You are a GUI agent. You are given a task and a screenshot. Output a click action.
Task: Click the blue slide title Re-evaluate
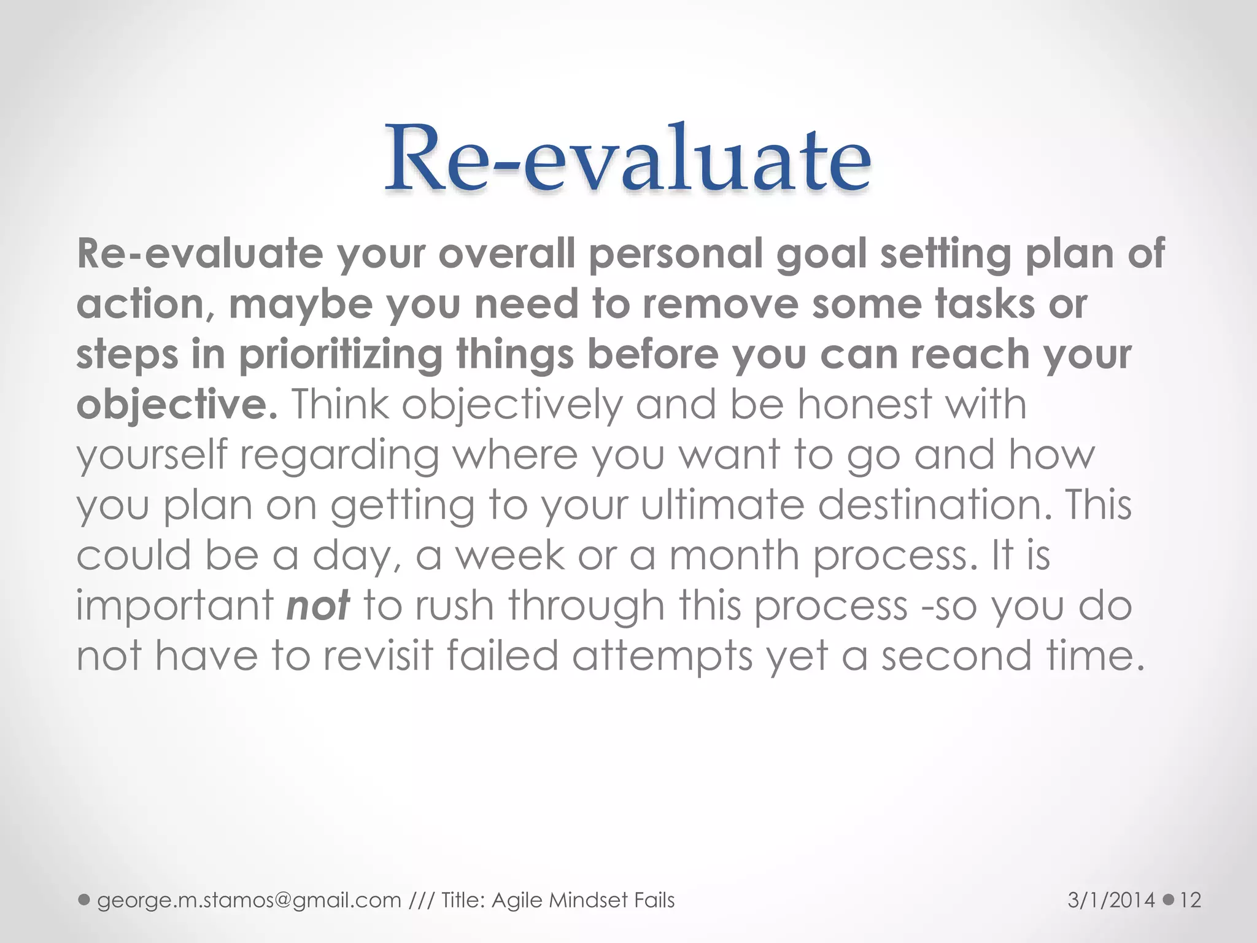point(627,158)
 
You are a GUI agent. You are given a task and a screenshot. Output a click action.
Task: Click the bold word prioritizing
point(340,355)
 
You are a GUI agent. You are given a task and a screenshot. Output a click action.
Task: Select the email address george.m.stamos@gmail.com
point(249,900)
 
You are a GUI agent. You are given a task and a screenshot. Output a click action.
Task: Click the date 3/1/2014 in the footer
point(1111,900)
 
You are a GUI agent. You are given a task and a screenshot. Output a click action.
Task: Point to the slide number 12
point(1190,900)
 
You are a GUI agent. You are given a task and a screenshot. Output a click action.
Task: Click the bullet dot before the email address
point(85,900)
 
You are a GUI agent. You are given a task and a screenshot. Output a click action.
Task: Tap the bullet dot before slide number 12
point(1168,900)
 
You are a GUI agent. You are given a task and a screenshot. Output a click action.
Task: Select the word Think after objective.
point(340,405)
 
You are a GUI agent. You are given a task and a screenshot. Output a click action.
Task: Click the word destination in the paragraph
point(932,505)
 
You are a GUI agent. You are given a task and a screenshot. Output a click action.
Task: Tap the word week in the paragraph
point(509,556)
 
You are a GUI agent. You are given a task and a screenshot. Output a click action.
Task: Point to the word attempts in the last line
point(662,656)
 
